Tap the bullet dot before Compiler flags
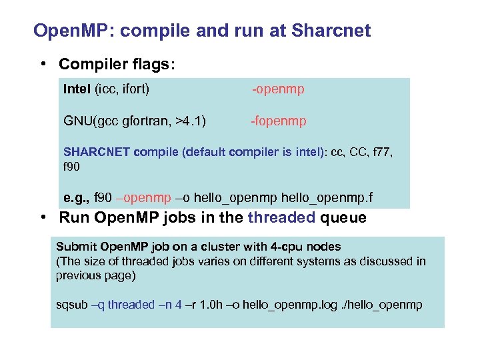43,64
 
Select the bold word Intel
77,89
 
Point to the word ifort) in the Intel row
133,89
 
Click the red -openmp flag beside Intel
277,89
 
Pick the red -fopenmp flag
278,121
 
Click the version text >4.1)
190,121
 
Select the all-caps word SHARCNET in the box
97,152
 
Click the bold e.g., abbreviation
77,199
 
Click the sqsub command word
71,305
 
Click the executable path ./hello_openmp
384,305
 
